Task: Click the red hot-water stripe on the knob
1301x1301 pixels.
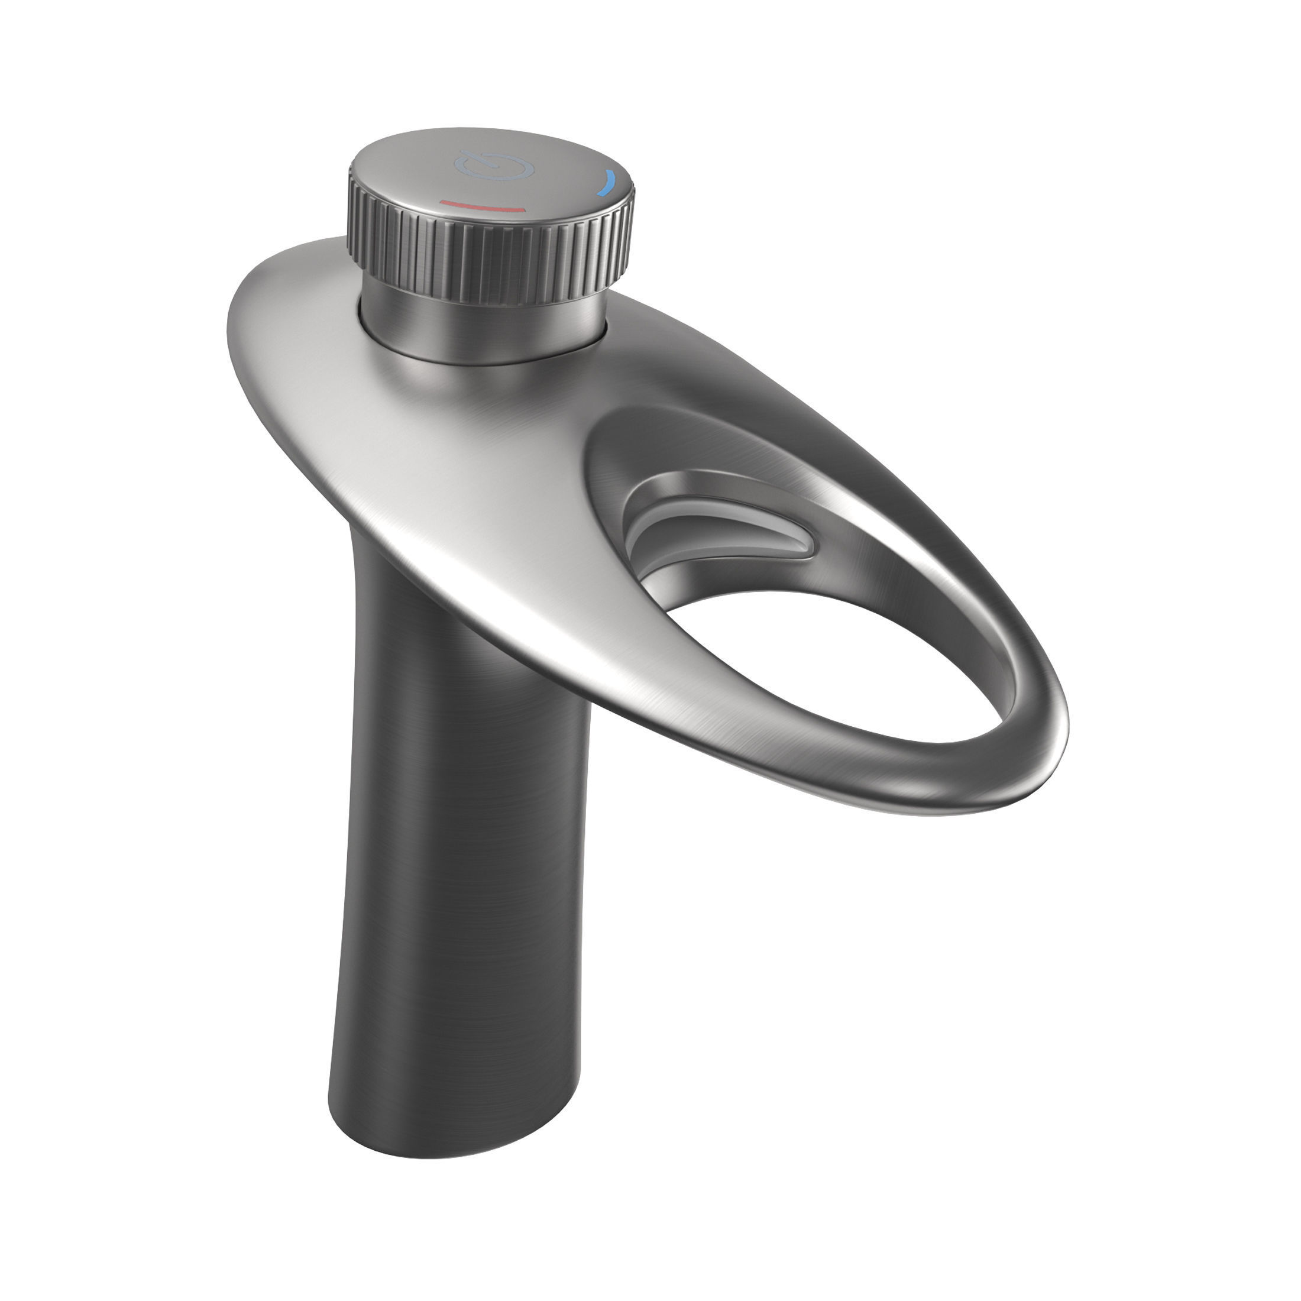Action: coord(481,205)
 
